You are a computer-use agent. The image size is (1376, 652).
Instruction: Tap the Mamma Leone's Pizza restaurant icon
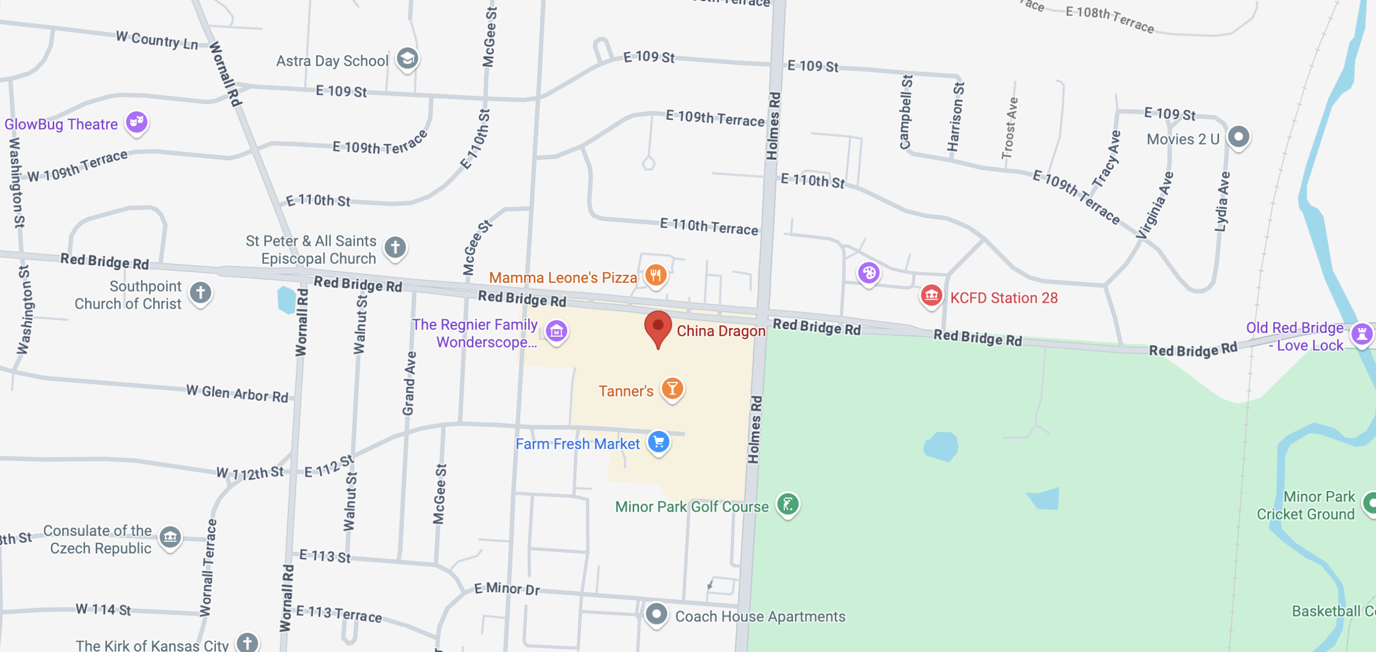pos(656,275)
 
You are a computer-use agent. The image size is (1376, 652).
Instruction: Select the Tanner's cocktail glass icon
pos(672,388)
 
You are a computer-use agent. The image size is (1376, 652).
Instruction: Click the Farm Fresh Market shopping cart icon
pos(658,442)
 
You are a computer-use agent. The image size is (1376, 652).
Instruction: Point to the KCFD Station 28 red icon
pos(931,295)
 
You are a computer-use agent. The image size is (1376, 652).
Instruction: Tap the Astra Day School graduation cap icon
pos(407,58)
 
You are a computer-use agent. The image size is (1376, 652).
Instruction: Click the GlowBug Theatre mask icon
pos(137,122)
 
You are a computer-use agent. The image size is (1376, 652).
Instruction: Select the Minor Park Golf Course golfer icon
pos(788,505)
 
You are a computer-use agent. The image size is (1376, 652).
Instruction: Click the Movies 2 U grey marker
pos(1239,137)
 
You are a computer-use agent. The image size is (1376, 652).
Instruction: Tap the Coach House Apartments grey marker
pos(656,614)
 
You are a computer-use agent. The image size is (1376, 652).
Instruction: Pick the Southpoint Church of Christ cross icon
pos(200,293)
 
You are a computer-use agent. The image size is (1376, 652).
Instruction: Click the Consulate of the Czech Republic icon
pos(170,537)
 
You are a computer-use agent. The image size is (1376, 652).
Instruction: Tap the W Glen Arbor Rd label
pos(237,393)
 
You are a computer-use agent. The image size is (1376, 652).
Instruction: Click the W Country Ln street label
pos(157,40)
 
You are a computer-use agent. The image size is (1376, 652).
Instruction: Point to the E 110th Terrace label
pos(708,226)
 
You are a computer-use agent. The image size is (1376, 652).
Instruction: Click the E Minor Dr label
pos(507,589)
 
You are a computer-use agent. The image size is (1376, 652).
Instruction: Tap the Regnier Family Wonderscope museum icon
pos(556,331)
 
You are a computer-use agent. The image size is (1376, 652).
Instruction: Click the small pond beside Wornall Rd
pos(286,300)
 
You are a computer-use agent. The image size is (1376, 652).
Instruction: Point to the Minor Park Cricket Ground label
pos(1306,505)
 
